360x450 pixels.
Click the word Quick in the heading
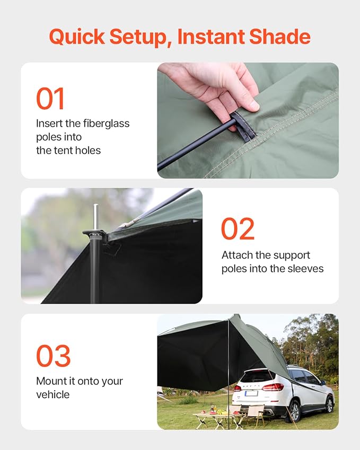coord(77,37)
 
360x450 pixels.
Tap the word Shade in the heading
coord(279,37)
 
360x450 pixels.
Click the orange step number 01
coord(50,99)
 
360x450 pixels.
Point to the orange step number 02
coord(238,228)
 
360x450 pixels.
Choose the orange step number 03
coord(54,356)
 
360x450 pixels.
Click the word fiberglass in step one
coord(106,123)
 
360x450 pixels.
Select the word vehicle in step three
coord(53,394)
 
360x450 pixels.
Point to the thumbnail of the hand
coord(248,120)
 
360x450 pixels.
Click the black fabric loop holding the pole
coord(243,126)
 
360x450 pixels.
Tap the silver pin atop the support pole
coord(95,217)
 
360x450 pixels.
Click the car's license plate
coord(251,393)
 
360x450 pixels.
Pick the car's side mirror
coord(323,383)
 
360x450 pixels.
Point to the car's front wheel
coord(330,404)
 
